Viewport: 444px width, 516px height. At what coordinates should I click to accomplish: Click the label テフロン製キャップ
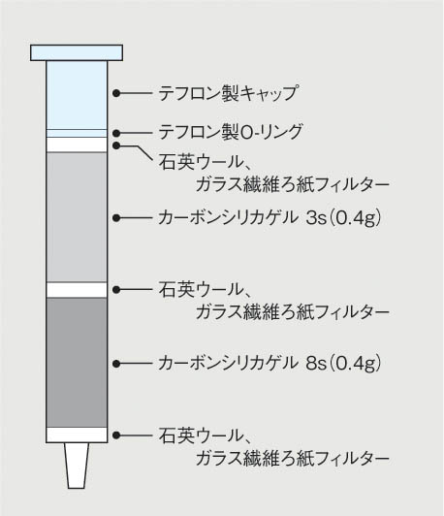point(229,93)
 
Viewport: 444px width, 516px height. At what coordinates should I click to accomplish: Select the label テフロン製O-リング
point(230,132)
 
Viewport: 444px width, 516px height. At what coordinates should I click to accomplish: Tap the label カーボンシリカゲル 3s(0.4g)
point(270,217)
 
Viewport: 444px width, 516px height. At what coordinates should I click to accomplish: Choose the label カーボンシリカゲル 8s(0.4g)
point(270,364)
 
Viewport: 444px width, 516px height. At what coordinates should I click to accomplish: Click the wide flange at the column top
point(77,52)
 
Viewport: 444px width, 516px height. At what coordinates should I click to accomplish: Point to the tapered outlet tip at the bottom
point(77,466)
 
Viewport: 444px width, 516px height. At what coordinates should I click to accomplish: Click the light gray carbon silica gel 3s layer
point(77,217)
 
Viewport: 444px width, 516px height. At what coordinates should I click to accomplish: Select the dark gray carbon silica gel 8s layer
point(77,363)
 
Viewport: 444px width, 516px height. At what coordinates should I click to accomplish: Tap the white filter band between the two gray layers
point(77,290)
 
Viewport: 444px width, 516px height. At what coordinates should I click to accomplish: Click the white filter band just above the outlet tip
point(77,435)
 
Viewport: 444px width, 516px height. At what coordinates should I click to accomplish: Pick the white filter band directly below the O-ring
point(77,145)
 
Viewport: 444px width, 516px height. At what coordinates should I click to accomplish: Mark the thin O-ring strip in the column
point(77,133)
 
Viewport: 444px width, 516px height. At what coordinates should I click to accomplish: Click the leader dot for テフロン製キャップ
point(116,93)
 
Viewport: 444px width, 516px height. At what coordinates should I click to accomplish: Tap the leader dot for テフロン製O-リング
point(116,133)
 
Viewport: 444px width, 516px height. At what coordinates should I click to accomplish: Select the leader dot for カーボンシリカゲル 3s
point(116,218)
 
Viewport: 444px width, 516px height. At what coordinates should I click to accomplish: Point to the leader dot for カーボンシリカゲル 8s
point(116,364)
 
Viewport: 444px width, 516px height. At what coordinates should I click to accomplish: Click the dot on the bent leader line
point(116,145)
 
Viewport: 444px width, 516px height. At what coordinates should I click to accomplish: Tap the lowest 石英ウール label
point(205,435)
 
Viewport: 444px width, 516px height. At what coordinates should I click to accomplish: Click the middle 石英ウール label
point(205,290)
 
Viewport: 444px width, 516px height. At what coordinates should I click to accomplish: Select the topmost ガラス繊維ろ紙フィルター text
point(293,184)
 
